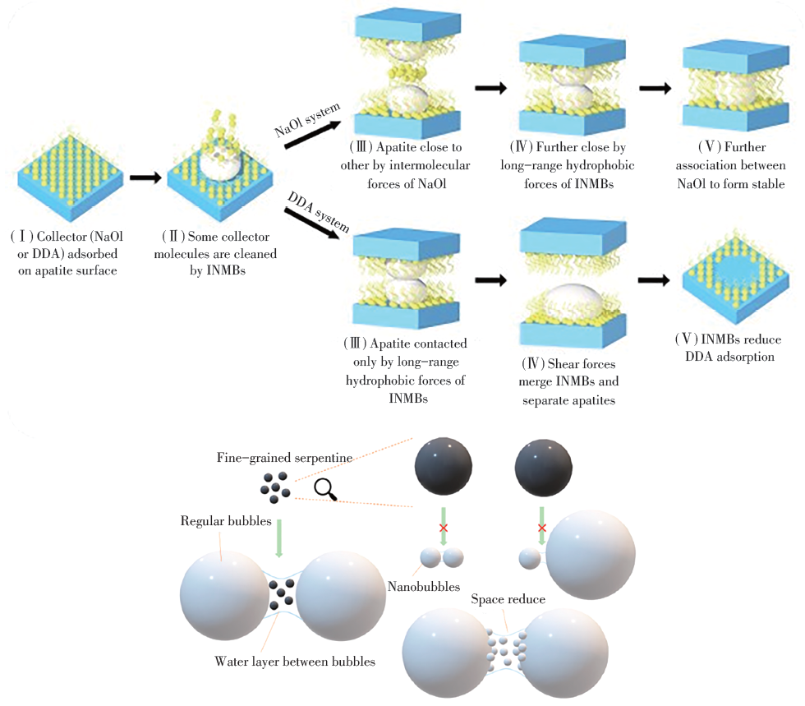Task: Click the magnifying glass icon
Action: [x=325, y=489]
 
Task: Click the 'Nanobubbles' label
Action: [x=421, y=586]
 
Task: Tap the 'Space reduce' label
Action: [x=508, y=600]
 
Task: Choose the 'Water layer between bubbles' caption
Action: [x=295, y=660]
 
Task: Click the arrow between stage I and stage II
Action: [x=145, y=177]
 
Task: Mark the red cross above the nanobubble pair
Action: [x=443, y=526]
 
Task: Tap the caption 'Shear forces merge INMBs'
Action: [x=570, y=372]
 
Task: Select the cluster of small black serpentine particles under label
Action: [x=275, y=487]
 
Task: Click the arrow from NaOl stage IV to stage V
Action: [x=655, y=88]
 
